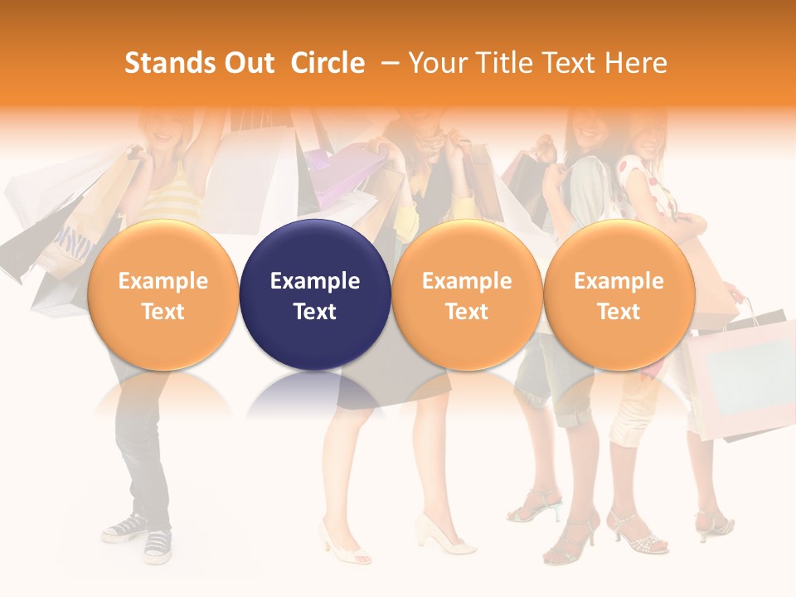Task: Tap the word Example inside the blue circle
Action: [315, 281]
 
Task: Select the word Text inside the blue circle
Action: [315, 312]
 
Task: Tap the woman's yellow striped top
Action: [170, 199]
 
